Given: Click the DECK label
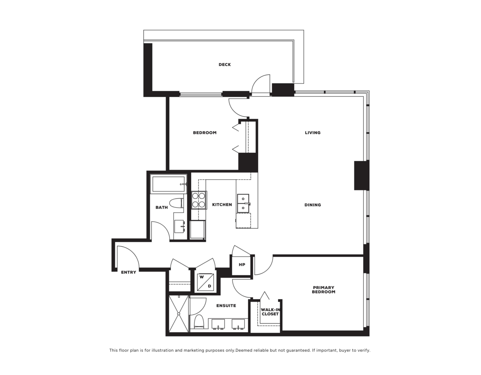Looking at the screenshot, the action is tap(224, 65).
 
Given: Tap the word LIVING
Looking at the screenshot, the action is tap(313, 133).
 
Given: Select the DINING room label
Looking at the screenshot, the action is tap(313, 205).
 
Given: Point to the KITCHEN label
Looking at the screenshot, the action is tap(222, 205).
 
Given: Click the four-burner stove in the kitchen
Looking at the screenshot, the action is tap(198, 200).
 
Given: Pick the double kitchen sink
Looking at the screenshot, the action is tap(243, 203).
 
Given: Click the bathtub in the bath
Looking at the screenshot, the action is tap(168, 184).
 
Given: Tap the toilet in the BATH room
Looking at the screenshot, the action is tap(176, 203).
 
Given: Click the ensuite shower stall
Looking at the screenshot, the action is tap(178, 314).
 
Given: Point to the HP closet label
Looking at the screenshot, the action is tap(242, 264).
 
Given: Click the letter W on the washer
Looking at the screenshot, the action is tap(202, 277).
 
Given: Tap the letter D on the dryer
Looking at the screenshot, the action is tap(209, 286).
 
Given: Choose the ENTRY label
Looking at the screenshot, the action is tap(128, 272).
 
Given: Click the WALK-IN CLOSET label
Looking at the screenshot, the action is tap(270, 312).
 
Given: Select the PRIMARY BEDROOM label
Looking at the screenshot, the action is tap(323, 290).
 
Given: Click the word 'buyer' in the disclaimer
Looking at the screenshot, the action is tap(343, 351).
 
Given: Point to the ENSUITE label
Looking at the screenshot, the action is tap(226, 306).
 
